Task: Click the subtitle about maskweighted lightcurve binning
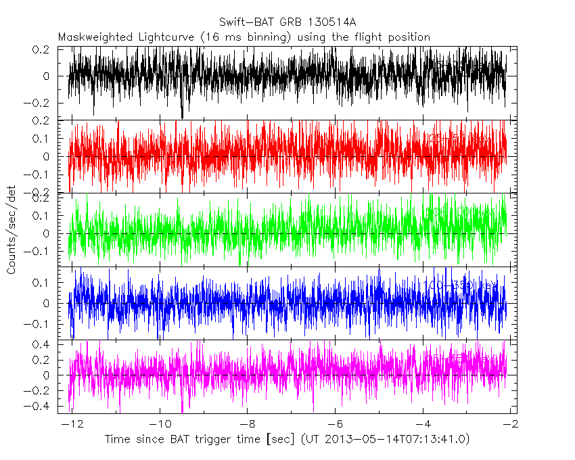[x=244, y=37]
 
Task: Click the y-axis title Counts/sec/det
[x=11, y=231]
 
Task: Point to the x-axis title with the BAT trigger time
[x=287, y=440]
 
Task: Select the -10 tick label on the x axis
[x=159, y=423]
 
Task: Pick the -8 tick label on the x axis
[x=246, y=423]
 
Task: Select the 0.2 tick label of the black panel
[x=44, y=49]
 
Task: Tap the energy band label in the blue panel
[x=460, y=286]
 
